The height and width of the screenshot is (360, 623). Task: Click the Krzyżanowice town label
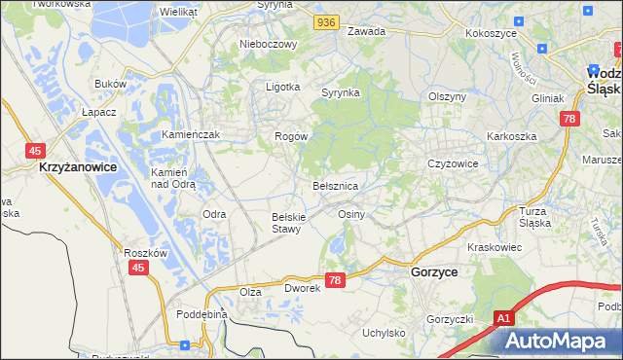(78, 167)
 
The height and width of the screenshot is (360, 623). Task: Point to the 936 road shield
(327, 20)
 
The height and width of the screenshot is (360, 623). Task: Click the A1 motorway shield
(503, 317)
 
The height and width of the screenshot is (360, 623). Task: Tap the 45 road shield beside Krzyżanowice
(35, 150)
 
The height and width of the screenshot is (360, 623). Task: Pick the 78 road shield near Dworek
(335, 280)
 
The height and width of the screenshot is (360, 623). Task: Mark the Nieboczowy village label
(266, 44)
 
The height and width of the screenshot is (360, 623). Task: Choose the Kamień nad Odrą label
(174, 178)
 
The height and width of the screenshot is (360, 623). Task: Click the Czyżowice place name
(453, 163)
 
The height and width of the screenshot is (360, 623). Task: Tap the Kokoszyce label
(490, 32)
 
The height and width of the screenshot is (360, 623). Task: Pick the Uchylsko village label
(384, 333)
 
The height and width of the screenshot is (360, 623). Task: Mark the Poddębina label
(202, 314)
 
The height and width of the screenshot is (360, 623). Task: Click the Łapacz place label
(99, 112)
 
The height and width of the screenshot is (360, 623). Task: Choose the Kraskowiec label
(495, 247)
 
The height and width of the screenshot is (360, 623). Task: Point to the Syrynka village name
(342, 92)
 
